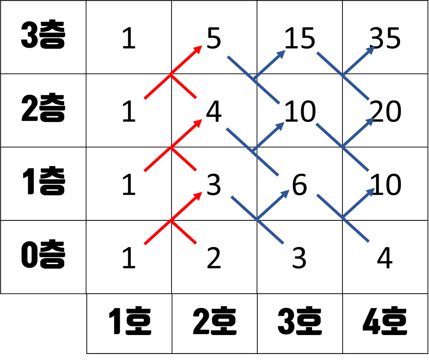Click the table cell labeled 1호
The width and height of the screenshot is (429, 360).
point(129,323)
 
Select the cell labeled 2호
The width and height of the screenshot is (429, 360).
point(214,323)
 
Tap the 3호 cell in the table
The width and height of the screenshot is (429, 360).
point(300,323)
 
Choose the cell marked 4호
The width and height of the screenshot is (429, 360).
point(385,323)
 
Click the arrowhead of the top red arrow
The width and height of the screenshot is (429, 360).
point(198,49)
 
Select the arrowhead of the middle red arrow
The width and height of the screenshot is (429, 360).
point(198,123)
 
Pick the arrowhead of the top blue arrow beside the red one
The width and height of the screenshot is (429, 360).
point(282,54)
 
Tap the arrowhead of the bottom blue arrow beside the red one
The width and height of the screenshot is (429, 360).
point(285,193)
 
